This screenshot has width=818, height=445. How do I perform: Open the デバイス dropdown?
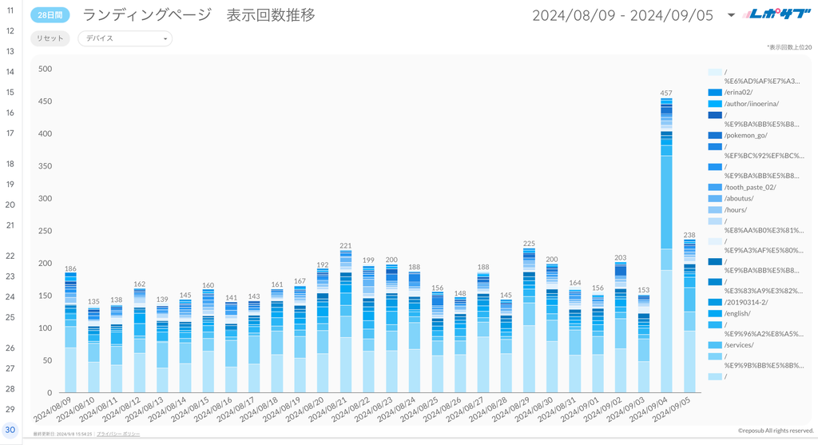click(x=125, y=38)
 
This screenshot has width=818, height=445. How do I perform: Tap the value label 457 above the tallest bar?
click(x=666, y=93)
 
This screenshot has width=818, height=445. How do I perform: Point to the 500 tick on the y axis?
click(x=45, y=69)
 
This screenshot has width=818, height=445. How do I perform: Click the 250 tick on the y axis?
click(x=45, y=231)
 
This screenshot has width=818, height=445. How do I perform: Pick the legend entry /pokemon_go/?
click(x=745, y=136)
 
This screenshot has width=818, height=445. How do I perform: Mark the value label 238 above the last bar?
click(x=689, y=235)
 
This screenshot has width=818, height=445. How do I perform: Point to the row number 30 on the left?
click(x=10, y=430)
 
